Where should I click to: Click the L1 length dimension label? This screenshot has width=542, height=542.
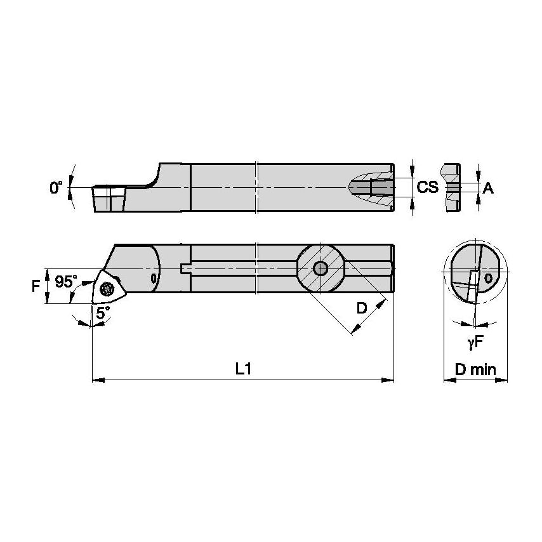[244, 369]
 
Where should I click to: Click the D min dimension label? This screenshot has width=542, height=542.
[475, 369]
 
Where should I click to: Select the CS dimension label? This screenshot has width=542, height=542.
[428, 187]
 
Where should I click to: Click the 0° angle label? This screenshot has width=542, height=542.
[56, 188]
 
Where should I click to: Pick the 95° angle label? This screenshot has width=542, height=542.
[66, 282]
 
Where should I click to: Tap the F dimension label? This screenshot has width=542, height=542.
[36, 286]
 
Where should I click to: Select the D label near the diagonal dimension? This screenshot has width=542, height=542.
[361, 308]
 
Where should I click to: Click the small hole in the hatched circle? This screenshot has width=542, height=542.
[321, 268]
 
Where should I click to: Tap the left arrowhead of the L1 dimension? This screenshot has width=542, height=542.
[98, 380]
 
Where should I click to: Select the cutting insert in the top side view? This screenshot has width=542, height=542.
[109, 198]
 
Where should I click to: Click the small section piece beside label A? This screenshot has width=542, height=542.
[452, 188]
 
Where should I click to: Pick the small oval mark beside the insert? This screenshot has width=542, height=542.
[153, 278]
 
